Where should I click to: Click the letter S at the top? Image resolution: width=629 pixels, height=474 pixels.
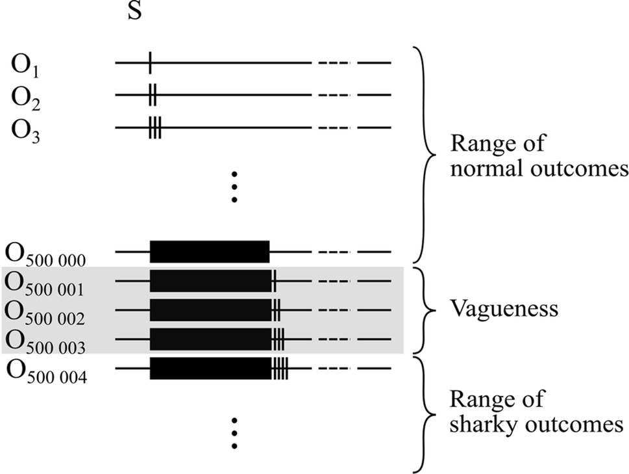tap(134, 12)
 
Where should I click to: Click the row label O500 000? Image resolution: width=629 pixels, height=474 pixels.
tap(51, 254)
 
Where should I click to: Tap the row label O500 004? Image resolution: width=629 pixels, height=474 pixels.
tap(51, 371)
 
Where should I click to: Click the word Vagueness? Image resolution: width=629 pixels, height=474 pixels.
tap(503, 308)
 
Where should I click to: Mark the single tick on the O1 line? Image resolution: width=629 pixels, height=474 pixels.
tap(150, 63)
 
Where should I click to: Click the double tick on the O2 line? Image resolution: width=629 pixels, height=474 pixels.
tap(152, 95)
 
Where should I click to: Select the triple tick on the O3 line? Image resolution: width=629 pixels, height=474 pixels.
tap(154, 127)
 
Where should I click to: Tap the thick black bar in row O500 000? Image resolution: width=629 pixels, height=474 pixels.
tap(210, 252)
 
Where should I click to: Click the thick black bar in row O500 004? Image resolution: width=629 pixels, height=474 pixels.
tap(210, 369)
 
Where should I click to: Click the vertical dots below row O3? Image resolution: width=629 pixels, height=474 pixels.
tap(235, 187)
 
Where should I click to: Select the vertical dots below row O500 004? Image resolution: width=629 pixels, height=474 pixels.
tap(235, 433)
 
